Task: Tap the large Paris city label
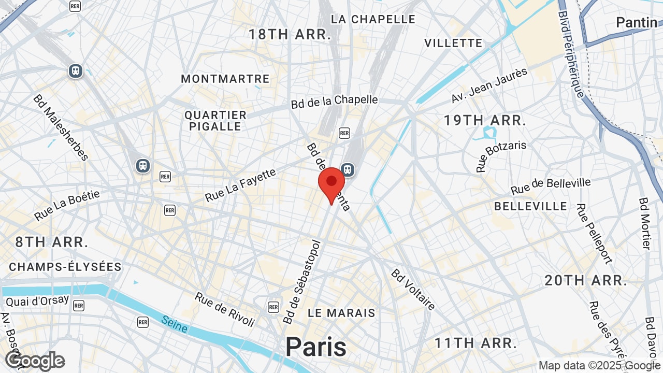click(x=315, y=347)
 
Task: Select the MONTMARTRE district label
click(x=225, y=79)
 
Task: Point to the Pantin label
click(x=636, y=22)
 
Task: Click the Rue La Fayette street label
click(x=241, y=185)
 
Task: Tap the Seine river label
click(x=174, y=324)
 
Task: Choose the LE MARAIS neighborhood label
click(x=341, y=313)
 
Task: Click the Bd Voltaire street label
click(x=413, y=290)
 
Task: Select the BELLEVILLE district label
click(x=530, y=206)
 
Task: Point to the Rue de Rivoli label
click(x=225, y=310)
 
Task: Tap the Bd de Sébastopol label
click(x=302, y=282)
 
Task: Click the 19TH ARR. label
click(x=485, y=121)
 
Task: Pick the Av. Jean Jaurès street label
click(x=489, y=85)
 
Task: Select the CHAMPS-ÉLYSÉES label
click(x=65, y=267)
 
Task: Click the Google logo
click(x=35, y=361)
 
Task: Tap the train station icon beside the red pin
click(x=348, y=169)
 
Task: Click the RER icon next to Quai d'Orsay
click(x=78, y=306)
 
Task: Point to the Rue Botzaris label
click(x=501, y=155)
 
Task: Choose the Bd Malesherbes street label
click(x=61, y=127)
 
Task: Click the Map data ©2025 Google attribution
click(x=599, y=366)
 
